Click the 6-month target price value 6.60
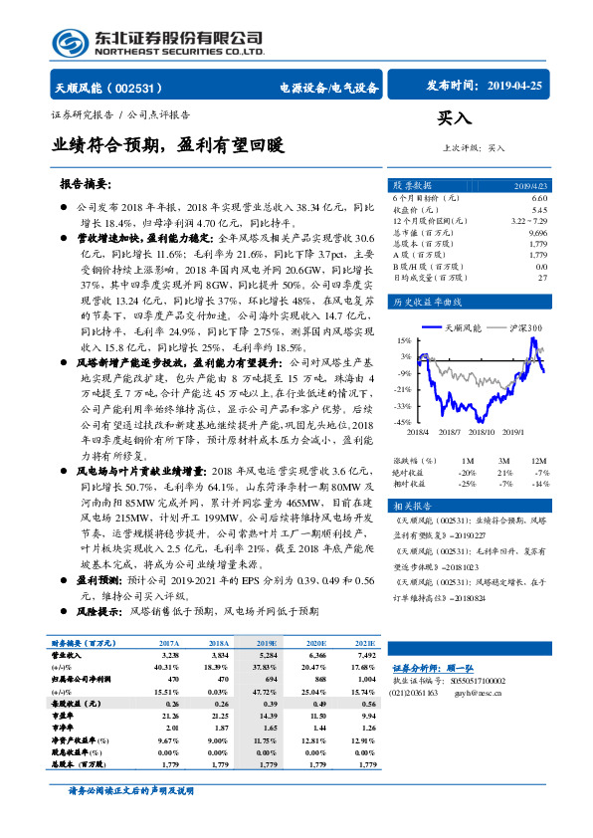coord(539,199)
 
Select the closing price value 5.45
coord(539,210)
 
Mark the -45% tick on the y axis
coord(402,422)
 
